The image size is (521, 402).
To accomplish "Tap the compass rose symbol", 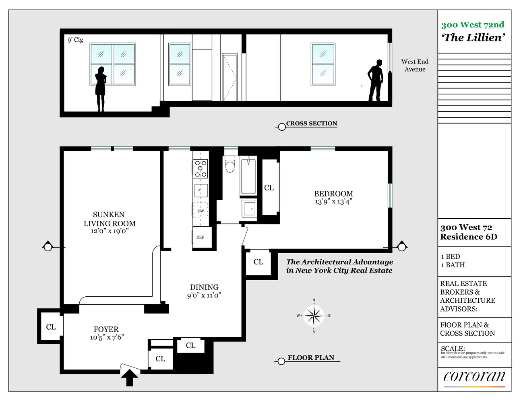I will tap(314, 316).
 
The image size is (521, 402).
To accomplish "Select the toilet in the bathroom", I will tap(230, 164).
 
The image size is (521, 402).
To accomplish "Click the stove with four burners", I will tap(201, 169).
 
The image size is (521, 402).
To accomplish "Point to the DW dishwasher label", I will tap(201, 211).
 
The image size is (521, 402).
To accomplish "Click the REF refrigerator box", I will tap(200, 237).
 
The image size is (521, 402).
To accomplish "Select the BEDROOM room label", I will tap(333, 194).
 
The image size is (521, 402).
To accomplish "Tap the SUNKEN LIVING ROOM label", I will tap(109, 219).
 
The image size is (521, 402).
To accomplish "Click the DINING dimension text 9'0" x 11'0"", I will tap(204, 295).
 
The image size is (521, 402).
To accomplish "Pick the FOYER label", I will tap(106, 329).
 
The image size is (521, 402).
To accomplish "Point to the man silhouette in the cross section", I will tap(376, 81).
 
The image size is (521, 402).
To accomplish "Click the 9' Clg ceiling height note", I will tap(75, 40).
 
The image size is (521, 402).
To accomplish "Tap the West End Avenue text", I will tap(415, 65).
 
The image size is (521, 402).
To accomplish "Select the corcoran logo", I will tap(474, 376).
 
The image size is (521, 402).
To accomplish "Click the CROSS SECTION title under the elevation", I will tap(312, 123).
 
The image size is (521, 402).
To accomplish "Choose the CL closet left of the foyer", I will tap(51, 327).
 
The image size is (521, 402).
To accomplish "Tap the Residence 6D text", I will tap(468, 237).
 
